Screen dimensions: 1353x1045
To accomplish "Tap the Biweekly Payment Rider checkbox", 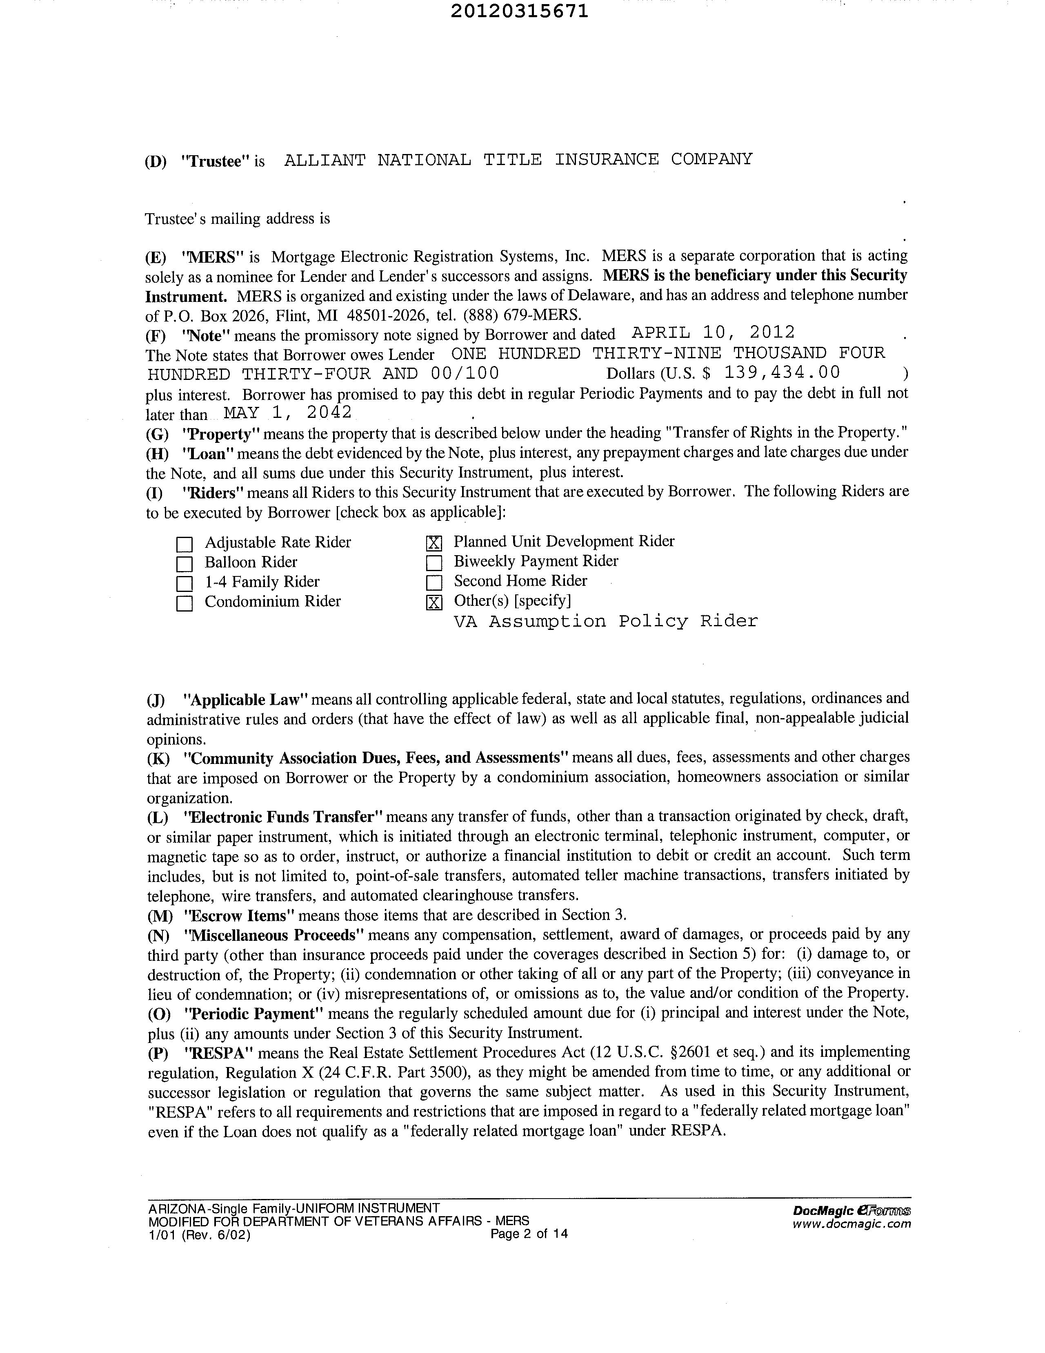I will (x=434, y=563).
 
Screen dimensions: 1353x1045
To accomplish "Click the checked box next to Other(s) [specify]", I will (x=434, y=602).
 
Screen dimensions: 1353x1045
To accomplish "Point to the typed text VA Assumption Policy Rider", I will (x=605, y=621).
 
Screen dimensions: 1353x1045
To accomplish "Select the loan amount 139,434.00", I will (x=782, y=372).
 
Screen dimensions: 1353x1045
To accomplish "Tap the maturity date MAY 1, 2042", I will (x=288, y=413).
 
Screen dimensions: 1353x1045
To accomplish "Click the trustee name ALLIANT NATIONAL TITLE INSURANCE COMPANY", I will (x=518, y=160).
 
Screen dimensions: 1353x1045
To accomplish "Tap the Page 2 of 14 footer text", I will (x=529, y=1233).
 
